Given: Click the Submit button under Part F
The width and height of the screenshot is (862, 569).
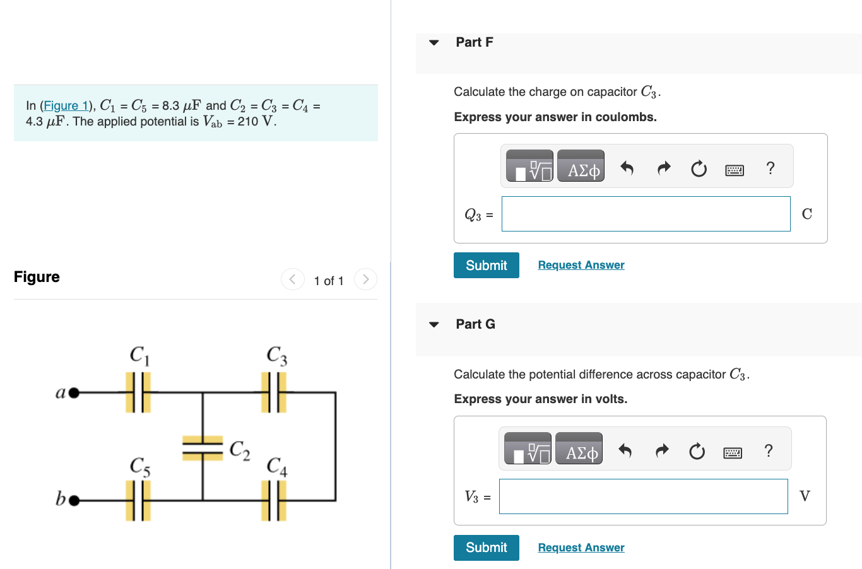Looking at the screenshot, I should [486, 266].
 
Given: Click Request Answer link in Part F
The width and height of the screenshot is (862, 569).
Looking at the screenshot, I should [581, 265].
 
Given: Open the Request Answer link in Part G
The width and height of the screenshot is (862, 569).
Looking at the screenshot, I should [581, 548].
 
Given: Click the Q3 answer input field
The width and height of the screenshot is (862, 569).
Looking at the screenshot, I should [646, 214].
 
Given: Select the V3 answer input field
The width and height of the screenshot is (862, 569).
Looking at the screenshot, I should [643, 496].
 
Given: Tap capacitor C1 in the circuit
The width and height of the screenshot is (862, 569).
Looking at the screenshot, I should [138, 392].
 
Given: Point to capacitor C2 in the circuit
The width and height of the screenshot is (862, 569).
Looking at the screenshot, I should [203, 448].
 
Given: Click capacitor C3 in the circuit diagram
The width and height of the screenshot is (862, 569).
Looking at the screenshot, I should [274, 392].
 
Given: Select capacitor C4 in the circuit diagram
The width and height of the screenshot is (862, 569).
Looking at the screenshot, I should [274, 501].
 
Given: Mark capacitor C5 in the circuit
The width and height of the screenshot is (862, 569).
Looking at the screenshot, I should [138, 501].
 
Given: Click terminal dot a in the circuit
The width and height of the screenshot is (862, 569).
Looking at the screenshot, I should [74, 393].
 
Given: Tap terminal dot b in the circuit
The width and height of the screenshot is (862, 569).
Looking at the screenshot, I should [74, 501].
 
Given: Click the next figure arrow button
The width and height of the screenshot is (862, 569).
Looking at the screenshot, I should [365, 279].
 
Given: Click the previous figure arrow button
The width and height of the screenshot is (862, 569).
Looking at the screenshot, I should [292, 279].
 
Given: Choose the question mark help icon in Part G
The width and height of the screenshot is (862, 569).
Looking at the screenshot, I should [768, 450].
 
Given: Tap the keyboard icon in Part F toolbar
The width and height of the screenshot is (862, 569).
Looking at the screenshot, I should [734, 170].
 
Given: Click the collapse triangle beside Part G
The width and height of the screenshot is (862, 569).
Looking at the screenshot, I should [434, 324].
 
